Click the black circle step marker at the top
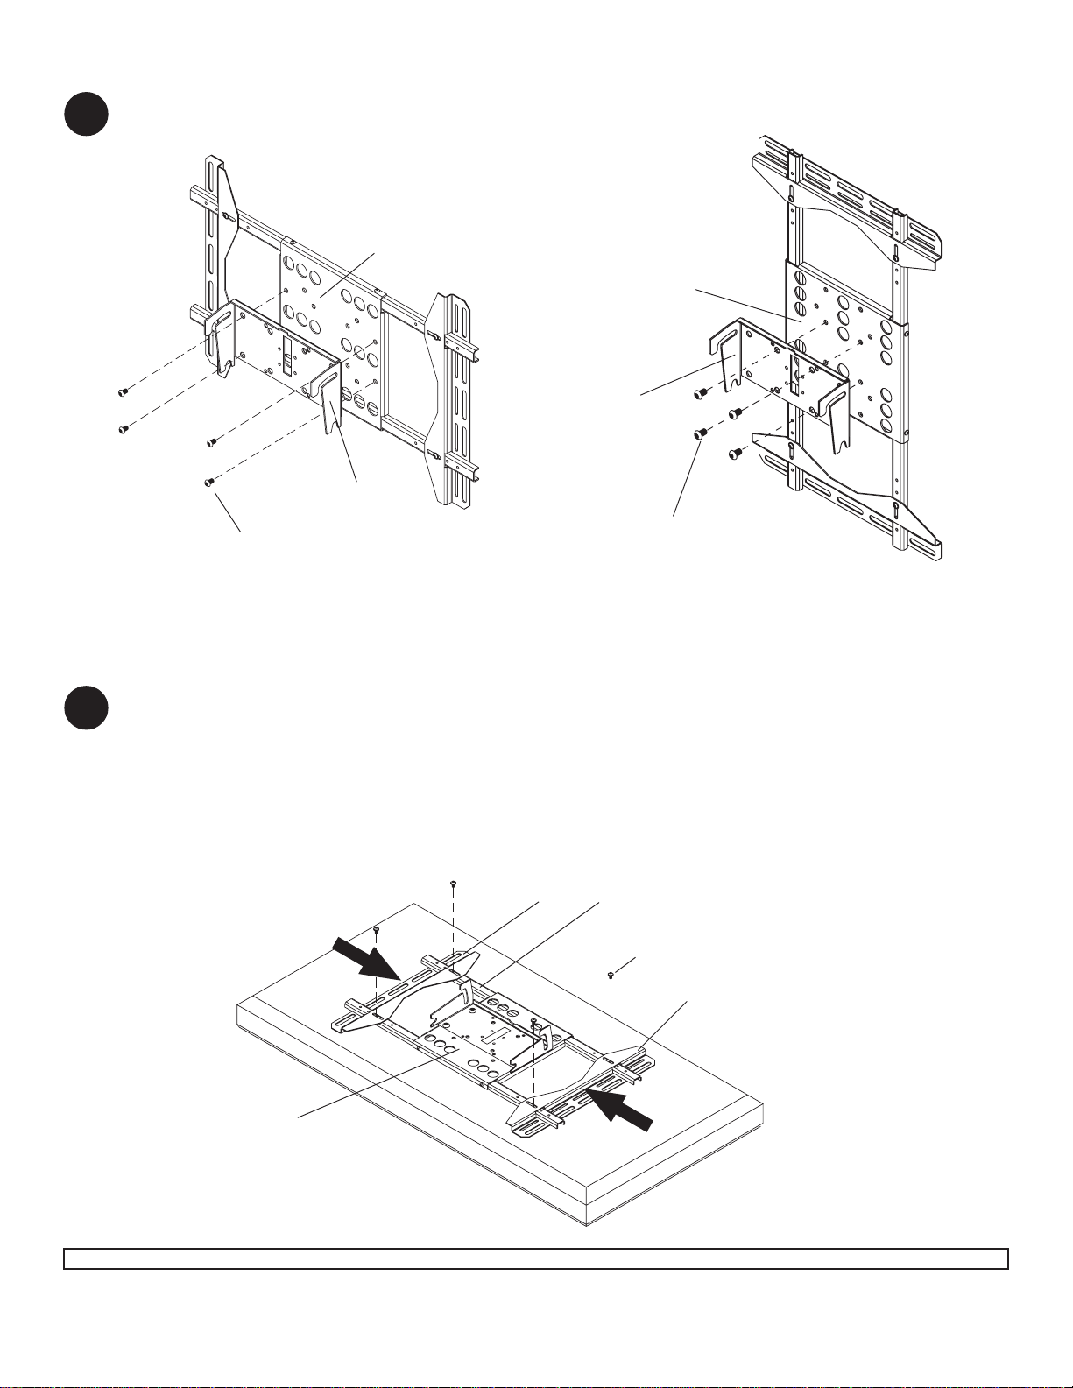click(x=86, y=114)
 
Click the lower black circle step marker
click(x=86, y=708)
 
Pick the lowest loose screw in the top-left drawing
click(x=208, y=482)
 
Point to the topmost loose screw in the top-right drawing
click(x=701, y=393)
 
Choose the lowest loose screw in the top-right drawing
click(x=737, y=454)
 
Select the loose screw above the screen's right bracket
click(x=609, y=973)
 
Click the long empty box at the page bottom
click(x=536, y=1258)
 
